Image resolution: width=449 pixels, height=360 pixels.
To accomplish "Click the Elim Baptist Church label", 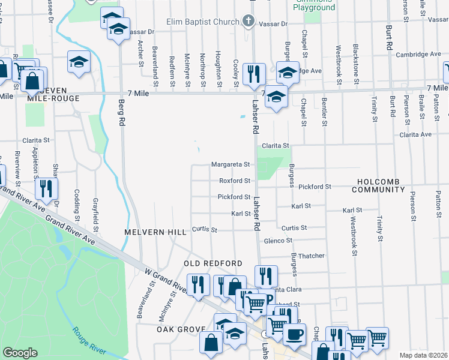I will (205, 22).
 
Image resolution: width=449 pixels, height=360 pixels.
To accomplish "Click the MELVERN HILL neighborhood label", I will (148, 231).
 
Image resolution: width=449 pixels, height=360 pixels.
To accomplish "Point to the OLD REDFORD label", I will (213, 263).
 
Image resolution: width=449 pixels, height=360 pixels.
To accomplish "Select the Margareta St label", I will (230, 164).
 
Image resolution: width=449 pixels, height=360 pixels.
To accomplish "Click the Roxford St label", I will (234, 181).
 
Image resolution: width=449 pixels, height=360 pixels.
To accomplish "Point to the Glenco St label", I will (278, 240).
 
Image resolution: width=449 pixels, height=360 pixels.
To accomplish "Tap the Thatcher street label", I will (311, 256).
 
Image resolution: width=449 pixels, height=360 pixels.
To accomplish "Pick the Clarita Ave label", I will (417, 134).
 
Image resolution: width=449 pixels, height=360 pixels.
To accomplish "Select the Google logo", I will (20, 353).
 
